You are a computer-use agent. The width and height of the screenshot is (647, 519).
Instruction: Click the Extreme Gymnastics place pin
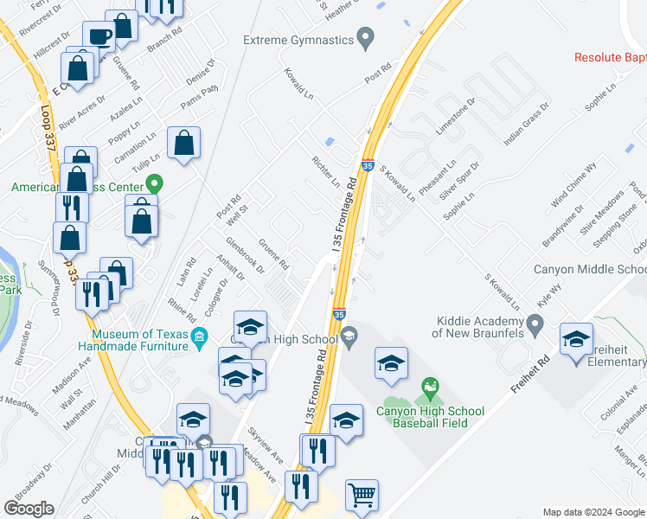coord(366,40)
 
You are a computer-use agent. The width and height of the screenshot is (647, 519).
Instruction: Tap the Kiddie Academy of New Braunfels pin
coord(535,326)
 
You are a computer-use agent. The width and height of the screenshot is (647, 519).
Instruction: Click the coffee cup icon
coord(98,36)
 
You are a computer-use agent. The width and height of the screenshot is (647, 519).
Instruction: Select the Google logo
coord(29,508)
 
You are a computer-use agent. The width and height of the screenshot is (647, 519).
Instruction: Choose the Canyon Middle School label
coord(589,269)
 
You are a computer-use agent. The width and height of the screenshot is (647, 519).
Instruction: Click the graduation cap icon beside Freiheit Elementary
coord(576,340)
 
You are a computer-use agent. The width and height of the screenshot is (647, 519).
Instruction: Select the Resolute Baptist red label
coord(610,58)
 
